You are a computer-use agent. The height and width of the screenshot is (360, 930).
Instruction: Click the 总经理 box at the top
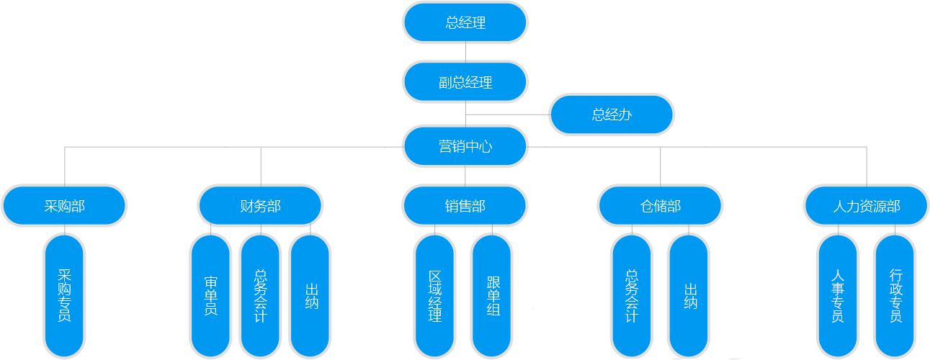pyautogui.click(x=465, y=23)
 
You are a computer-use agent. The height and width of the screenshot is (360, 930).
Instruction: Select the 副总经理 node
pyautogui.click(x=465, y=82)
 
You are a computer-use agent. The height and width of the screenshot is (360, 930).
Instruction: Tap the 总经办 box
pyautogui.click(x=612, y=114)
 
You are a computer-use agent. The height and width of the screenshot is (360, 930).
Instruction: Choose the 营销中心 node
pyautogui.click(x=465, y=146)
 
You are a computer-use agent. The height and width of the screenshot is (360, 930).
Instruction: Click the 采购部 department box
pyautogui.click(x=64, y=207)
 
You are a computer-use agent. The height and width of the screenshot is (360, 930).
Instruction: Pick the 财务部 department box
pyautogui.click(x=260, y=207)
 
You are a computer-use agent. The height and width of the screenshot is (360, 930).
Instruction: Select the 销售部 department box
pyautogui.click(x=465, y=207)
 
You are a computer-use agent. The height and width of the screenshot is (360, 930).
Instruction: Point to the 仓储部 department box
pyautogui.click(x=661, y=207)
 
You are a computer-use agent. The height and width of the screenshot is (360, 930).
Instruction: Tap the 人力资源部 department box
pyautogui.click(x=866, y=207)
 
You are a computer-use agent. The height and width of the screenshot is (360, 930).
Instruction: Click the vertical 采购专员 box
pyautogui.click(x=64, y=295)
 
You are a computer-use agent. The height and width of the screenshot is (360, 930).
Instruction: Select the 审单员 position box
pyautogui.click(x=210, y=295)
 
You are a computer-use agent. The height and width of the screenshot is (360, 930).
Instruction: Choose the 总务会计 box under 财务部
pyautogui.click(x=260, y=295)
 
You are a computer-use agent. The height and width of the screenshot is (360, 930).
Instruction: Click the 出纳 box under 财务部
pyautogui.click(x=310, y=295)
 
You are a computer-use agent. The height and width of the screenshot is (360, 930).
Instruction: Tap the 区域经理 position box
pyautogui.click(x=434, y=295)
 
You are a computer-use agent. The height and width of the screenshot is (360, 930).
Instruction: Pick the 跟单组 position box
pyautogui.click(x=492, y=295)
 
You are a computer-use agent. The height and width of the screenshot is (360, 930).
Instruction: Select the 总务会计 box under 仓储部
pyautogui.click(x=631, y=295)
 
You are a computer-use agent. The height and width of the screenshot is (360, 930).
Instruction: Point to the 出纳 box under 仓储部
pyautogui.click(x=689, y=295)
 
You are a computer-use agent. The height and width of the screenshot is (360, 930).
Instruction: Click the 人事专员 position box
pyautogui.click(x=837, y=295)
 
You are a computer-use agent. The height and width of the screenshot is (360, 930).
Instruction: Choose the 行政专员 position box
pyautogui.click(x=895, y=295)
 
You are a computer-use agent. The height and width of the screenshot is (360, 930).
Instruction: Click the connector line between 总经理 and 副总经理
pyautogui.click(x=465, y=52)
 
